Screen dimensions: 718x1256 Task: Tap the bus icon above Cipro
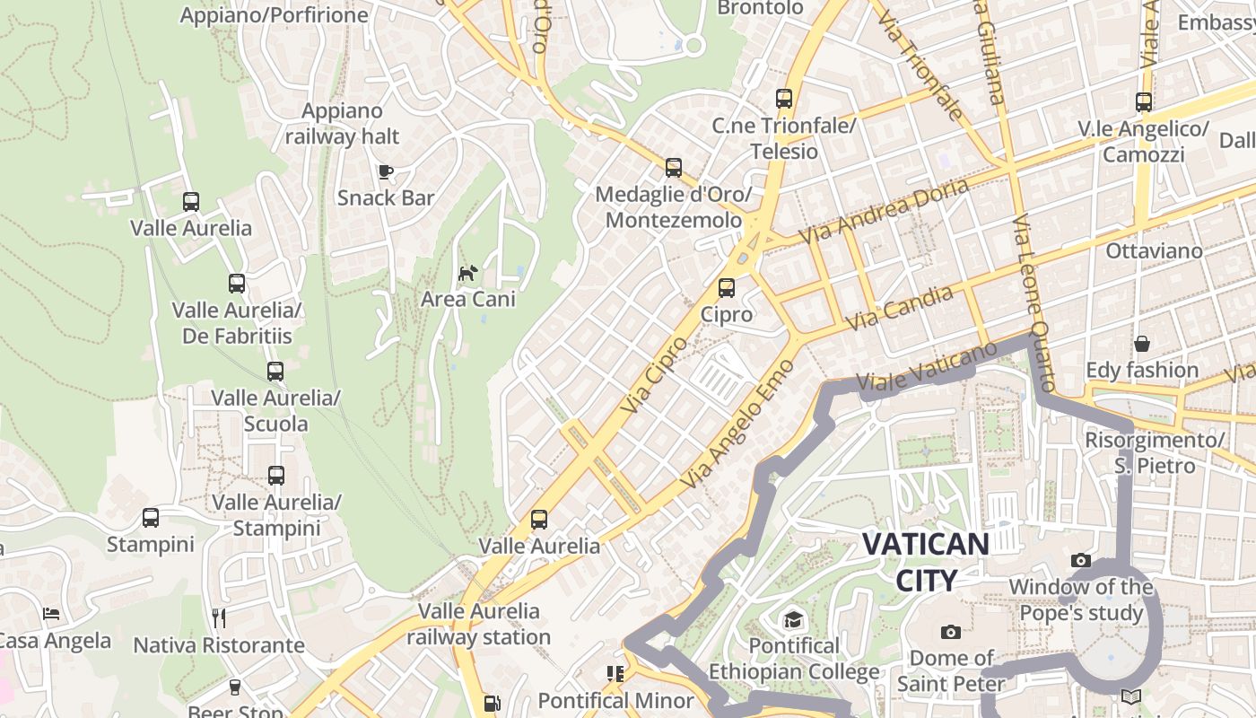[x=727, y=288]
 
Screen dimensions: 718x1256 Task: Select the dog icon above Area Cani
[x=468, y=273]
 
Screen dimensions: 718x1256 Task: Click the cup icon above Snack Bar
[x=386, y=171]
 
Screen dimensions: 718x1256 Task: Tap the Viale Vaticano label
[x=928, y=369]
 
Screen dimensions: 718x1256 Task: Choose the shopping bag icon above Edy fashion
[x=1142, y=344]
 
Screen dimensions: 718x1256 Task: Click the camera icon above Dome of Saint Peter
[x=951, y=633]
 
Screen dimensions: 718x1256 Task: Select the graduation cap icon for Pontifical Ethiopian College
[x=793, y=620]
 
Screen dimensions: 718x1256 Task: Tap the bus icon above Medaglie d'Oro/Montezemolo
[x=674, y=168]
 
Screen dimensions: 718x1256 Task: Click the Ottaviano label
[x=1154, y=250]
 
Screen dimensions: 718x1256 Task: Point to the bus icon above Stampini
[x=151, y=518]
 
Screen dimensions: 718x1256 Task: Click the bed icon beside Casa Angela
[x=52, y=615]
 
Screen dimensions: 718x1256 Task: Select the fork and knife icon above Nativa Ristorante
[x=219, y=618]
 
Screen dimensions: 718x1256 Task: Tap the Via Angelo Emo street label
[x=737, y=425]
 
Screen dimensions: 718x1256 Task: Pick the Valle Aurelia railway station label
[x=479, y=625]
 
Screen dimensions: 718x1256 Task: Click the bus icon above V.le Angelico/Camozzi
[x=1144, y=102]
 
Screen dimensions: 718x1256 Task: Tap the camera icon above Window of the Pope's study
[x=1081, y=561]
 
